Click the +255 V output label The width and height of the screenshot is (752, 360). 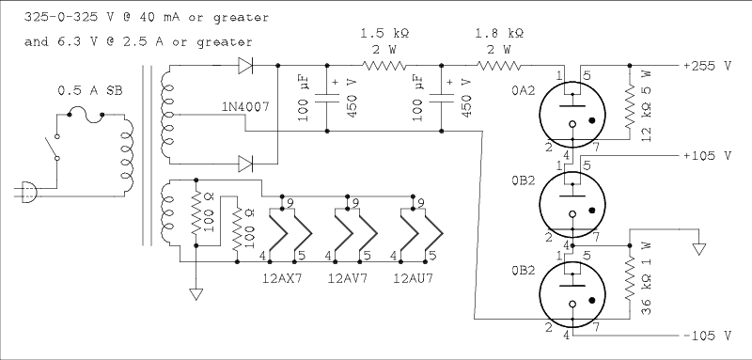click(x=708, y=66)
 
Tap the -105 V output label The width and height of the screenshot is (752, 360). click(x=708, y=337)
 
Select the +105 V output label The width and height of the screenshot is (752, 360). click(x=708, y=156)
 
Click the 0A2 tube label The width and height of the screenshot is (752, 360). click(x=523, y=90)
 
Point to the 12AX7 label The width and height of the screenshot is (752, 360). click(x=282, y=278)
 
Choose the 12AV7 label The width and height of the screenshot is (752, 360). click(x=348, y=278)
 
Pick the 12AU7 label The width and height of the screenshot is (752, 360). click(x=413, y=278)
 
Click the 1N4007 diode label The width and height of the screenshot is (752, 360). click(x=245, y=107)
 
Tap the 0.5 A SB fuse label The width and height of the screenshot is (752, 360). click(x=90, y=90)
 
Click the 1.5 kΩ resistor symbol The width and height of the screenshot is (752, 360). click(x=384, y=65)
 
